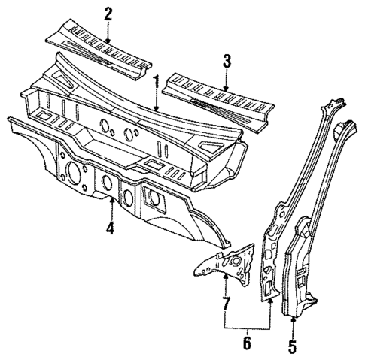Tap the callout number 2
108,13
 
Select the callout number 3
226,61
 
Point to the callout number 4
110,227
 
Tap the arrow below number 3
226,80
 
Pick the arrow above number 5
293,325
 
